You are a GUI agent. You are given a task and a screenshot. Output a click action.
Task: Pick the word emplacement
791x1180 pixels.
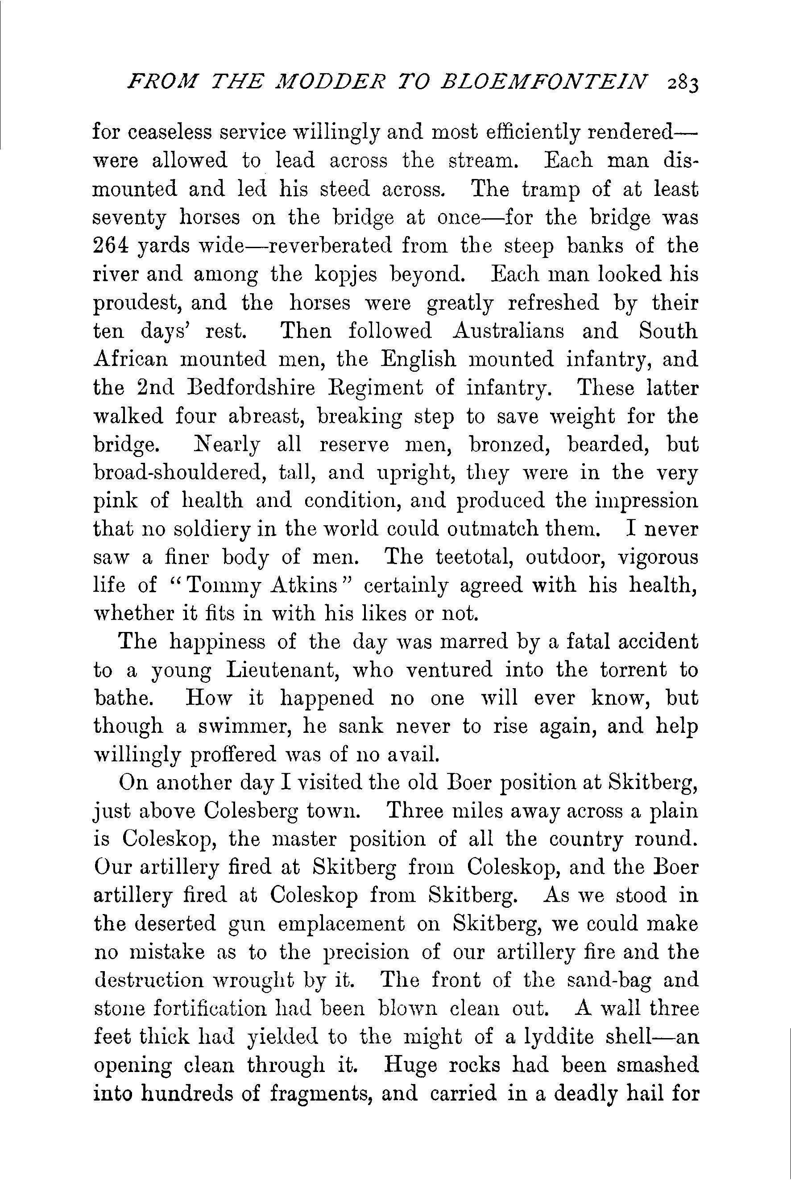[341, 924]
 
